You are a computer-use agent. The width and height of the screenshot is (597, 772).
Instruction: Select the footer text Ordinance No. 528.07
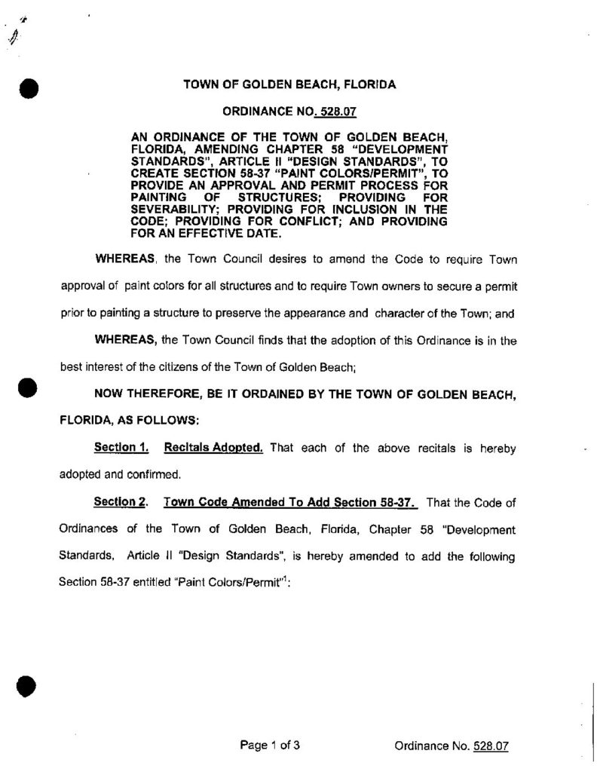point(452,747)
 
